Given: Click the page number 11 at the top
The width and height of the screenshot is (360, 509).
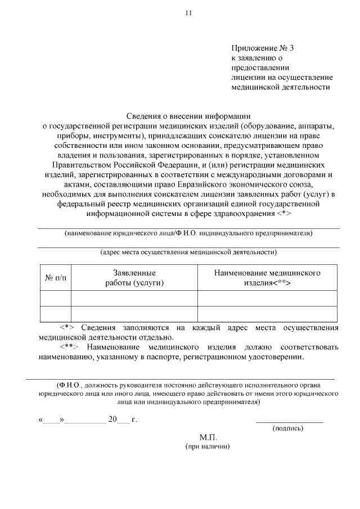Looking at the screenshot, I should [x=188, y=13].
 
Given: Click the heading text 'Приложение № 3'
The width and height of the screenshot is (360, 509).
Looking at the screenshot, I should [x=262, y=48].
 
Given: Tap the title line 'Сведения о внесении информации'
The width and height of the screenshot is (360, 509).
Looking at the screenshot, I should [x=188, y=116].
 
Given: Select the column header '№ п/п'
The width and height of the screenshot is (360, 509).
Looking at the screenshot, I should [x=55, y=278].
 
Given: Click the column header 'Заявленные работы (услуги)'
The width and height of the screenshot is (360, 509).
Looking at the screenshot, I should [x=134, y=278].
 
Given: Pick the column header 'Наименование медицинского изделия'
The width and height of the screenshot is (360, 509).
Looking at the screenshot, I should [x=267, y=278].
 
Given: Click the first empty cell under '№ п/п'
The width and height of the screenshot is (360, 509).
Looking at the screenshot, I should [x=55, y=298].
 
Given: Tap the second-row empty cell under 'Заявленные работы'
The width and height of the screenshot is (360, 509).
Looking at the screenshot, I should [x=134, y=313].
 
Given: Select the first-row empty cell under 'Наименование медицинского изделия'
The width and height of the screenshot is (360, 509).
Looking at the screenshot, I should [x=267, y=298].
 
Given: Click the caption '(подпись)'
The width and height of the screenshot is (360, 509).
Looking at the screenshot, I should [x=288, y=428].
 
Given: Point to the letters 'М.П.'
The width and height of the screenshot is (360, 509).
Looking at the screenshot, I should [x=208, y=437].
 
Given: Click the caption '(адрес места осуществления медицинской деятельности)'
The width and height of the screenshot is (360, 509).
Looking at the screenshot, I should [x=188, y=253].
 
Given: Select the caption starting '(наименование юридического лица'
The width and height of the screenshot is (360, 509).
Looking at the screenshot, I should [x=188, y=233].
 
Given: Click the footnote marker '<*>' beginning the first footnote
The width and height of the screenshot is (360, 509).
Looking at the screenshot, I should [x=67, y=327].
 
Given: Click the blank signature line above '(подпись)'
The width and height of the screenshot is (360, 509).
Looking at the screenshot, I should [x=289, y=421].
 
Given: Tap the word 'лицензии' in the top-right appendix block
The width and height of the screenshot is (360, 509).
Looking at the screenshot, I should [x=245, y=77].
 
